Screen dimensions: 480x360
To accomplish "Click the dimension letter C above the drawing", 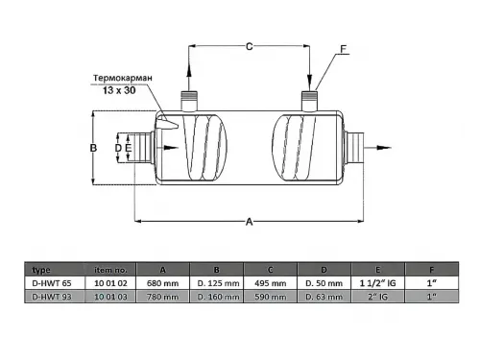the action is coord(250,47).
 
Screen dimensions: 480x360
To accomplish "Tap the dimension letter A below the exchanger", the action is coord(250,222).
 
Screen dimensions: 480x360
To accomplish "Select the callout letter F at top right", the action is coord(344,49).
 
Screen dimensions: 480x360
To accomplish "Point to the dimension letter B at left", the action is coord(93,148).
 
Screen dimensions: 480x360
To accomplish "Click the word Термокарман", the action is coord(123,78).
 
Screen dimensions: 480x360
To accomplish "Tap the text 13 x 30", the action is coord(119,90).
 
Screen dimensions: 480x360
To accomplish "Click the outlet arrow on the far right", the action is coord(377,148).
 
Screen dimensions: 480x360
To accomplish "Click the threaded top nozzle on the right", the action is coord(309,101).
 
